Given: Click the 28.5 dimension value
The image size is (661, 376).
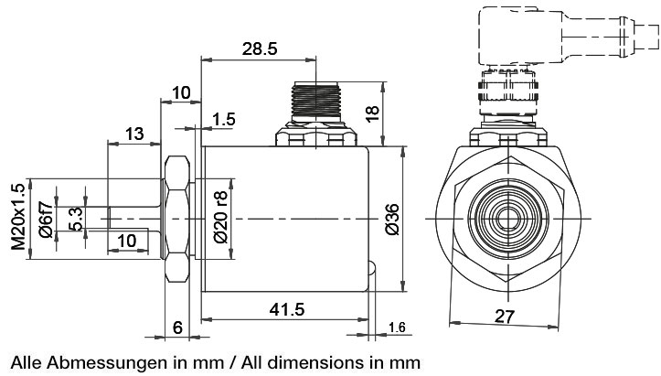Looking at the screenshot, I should coord(260,49).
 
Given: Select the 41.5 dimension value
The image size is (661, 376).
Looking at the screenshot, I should coord(287,309).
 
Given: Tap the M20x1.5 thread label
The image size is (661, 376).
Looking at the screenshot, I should coord(16,217).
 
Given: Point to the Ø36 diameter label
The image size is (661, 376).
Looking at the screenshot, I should coord(392,219).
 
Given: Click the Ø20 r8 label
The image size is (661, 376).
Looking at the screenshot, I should coord(220,219).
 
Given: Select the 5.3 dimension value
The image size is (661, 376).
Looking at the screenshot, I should coord(77,219).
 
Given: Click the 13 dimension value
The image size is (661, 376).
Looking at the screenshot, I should coord(134,134).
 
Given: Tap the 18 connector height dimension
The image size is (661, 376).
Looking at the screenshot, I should coord(371,113).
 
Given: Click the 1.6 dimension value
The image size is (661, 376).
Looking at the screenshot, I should coord(397,328).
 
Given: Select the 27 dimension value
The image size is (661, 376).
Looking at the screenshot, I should coord(504,316).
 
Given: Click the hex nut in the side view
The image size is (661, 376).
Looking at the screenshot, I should coord(177,220).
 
